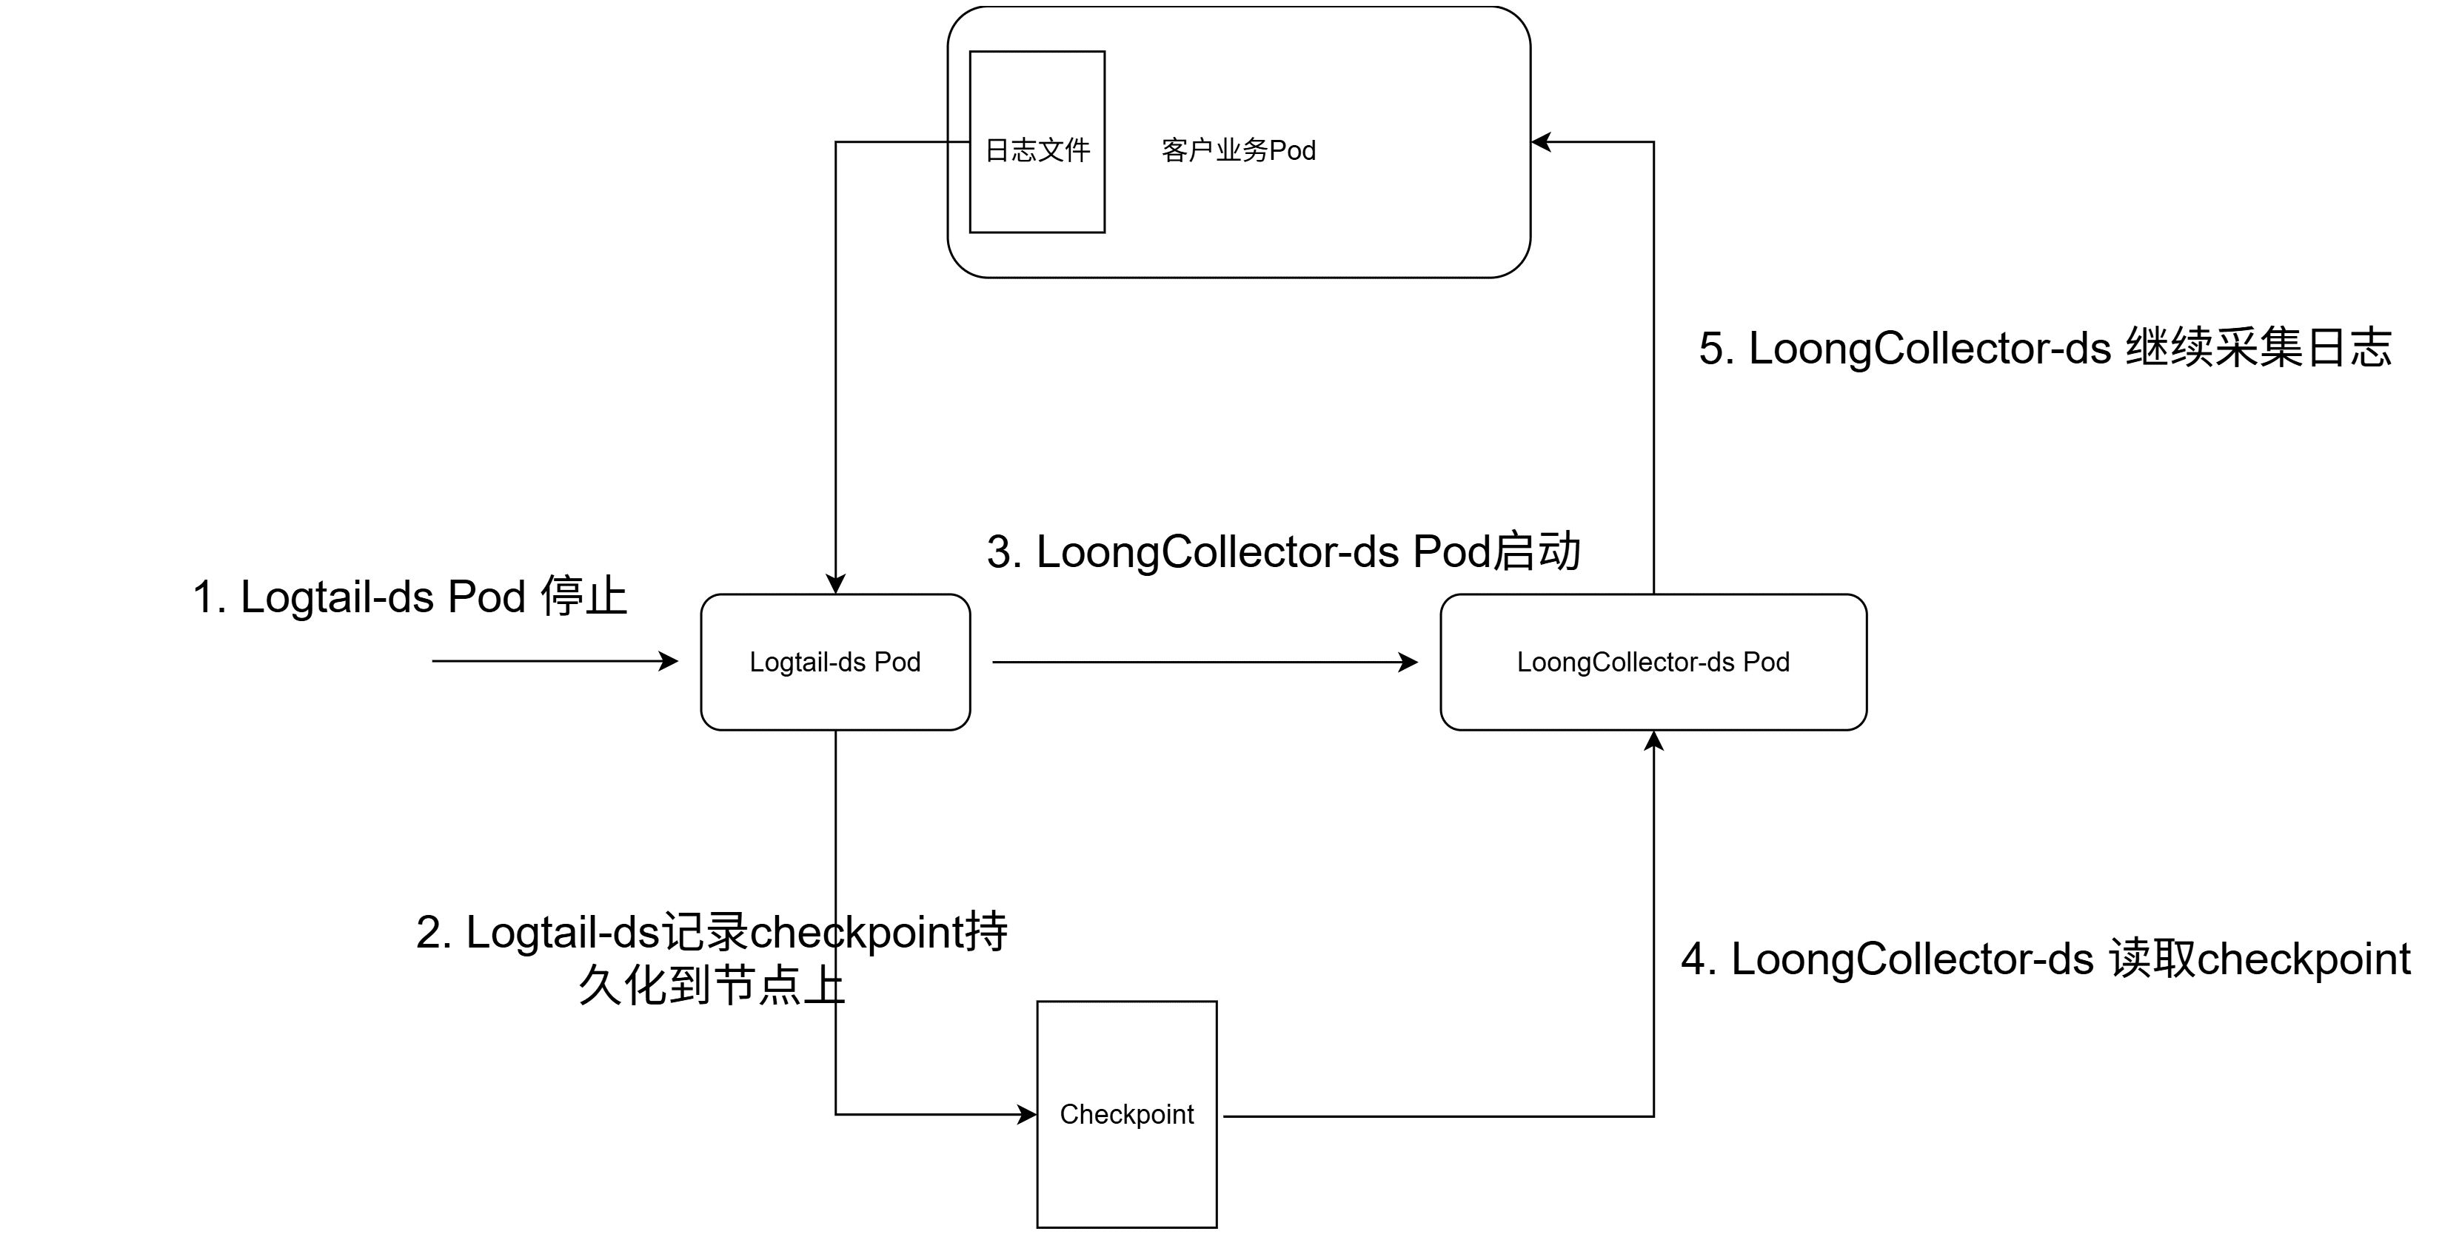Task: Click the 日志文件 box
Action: click(1037, 141)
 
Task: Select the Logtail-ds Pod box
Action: click(835, 663)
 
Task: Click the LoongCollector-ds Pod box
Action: click(1653, 663)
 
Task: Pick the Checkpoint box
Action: click(1126, 1114)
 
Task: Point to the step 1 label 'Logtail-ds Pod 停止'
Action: click(409, 597)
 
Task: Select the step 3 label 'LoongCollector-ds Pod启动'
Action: click(1284, 552)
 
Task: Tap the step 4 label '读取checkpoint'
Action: click(2046, 959)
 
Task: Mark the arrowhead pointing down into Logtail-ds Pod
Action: click(835, 584)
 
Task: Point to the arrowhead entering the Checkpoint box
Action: click(1027, 1114)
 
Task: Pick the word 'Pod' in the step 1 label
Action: click(486, 597)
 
